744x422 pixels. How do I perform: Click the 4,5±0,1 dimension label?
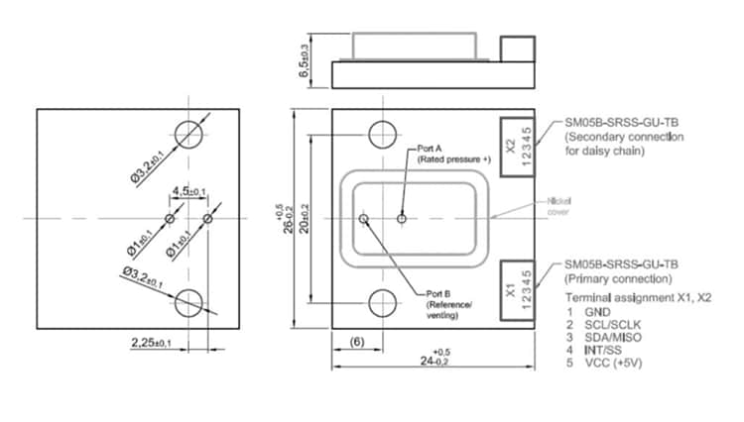pos(188,191)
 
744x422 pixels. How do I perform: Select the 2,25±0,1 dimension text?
pos(151,342)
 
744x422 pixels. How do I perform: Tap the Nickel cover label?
pos(559,205)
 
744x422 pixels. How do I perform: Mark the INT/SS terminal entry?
pos(601,350)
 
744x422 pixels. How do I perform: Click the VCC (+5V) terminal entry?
pos(608,363)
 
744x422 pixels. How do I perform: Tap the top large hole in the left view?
pos(188,133)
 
